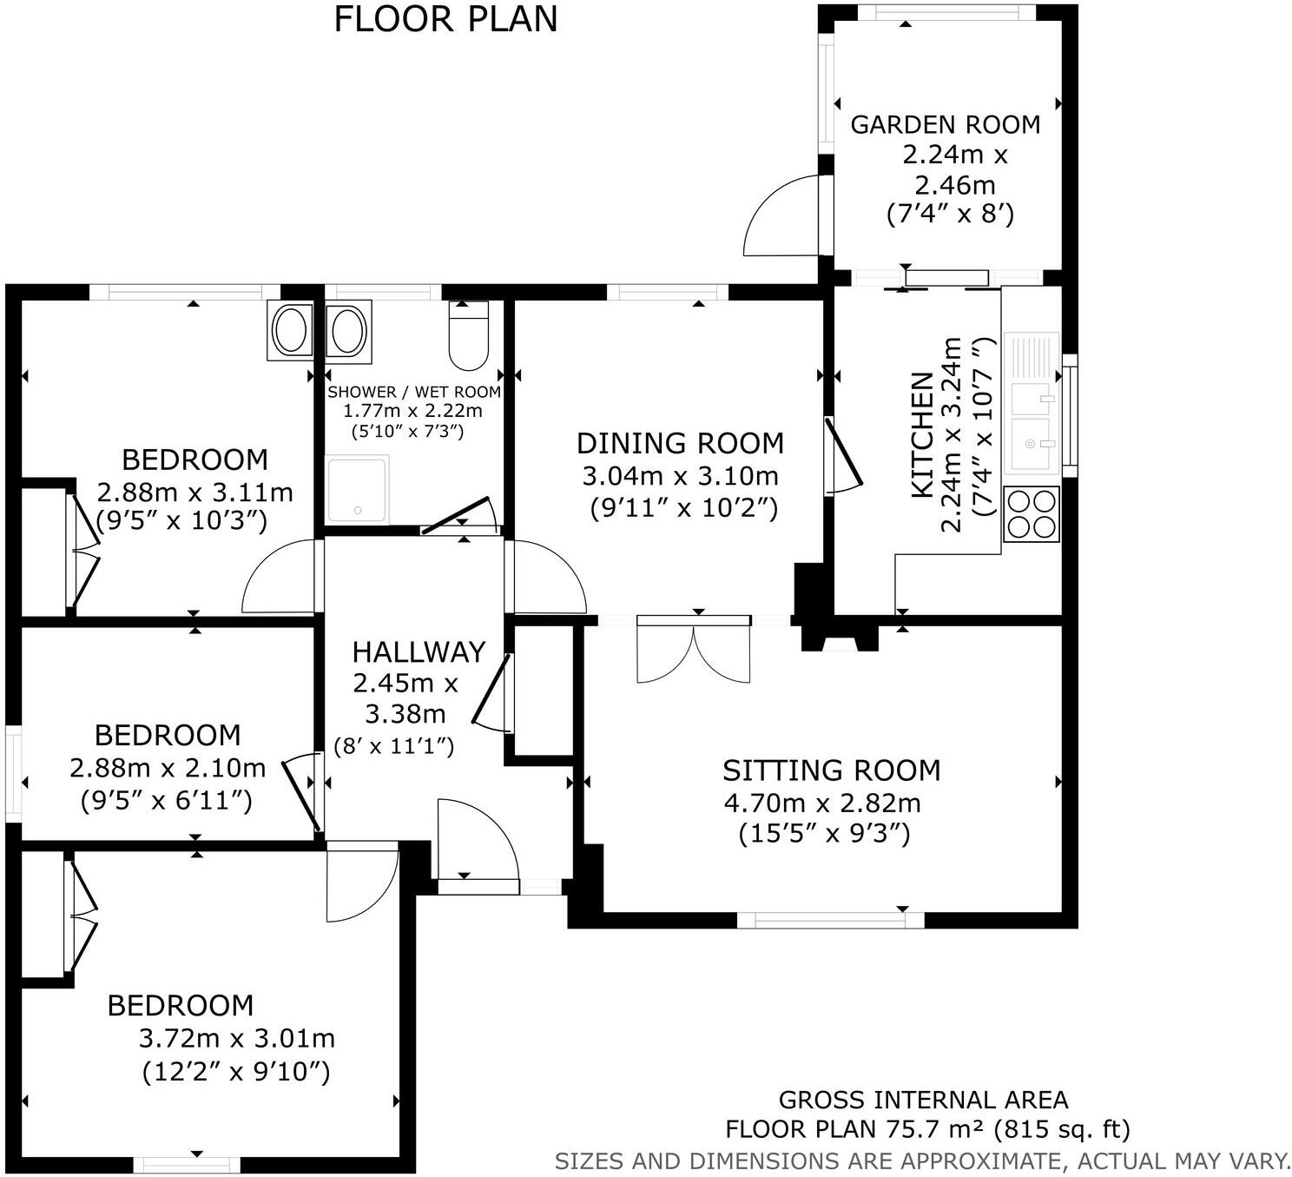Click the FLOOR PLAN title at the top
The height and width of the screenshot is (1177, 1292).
coord(445,19)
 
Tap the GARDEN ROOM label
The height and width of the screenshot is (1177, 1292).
coord(945,125)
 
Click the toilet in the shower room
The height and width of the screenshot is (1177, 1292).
coord(469,337)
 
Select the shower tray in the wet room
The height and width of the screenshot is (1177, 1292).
coord(356,489)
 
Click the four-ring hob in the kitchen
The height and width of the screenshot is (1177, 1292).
coord(1031,513)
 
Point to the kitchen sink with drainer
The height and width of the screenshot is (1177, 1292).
coord(1032,402)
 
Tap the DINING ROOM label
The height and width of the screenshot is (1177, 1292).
coord(680,444)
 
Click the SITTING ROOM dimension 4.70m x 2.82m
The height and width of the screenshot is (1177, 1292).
coord(822,803)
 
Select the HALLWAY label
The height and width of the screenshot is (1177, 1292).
coord(419,651)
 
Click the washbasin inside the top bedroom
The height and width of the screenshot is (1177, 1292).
coord(290,331)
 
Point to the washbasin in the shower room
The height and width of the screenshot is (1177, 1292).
coord(348,328)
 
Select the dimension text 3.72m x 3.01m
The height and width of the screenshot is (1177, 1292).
coord(236,1038)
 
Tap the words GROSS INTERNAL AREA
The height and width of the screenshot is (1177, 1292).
coord(923,1101)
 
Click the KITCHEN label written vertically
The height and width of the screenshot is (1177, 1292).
coord(922,435)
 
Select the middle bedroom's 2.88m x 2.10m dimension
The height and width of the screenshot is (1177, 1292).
coord(168,768)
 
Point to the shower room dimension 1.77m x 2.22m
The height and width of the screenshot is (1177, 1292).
coord(412,411)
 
